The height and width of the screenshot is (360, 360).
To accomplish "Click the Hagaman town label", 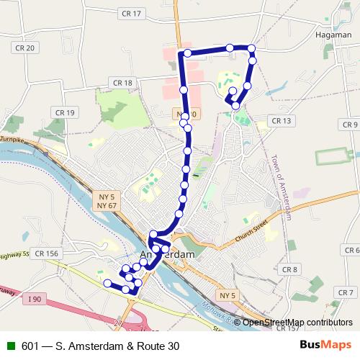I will point(333,34).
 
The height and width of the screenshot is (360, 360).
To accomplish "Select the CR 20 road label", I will point(25,48).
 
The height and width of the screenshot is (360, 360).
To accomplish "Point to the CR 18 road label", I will point(123,84).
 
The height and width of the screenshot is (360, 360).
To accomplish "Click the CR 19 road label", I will point(65,113).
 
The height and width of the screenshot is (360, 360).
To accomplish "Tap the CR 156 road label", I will point(45,253).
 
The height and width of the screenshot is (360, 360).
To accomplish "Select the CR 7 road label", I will point(346,292).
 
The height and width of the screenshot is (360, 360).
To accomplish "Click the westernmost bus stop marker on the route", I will point(108,284).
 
